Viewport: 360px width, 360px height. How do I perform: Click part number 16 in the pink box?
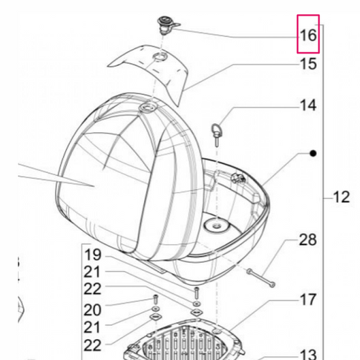pos(308,36)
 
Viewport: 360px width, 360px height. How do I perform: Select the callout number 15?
pos(308,64)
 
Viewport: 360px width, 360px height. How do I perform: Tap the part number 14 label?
pos(308,105)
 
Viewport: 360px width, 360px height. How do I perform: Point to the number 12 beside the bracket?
pos(341,197)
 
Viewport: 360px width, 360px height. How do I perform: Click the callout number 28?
pos(308,240)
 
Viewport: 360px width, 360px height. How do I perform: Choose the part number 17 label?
pos(308,300)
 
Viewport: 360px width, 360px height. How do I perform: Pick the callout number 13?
pos(308,354)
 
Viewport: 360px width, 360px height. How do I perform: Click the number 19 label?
pos(93,255)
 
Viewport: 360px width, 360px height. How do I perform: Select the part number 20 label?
pos(93,310)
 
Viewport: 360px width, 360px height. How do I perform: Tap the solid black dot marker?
pos(313,154)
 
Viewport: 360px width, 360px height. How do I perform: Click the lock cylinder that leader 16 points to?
pos(166,25)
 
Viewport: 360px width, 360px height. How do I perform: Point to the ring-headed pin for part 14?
pos(216,134)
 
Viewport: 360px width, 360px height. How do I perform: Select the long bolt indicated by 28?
pos(261,278)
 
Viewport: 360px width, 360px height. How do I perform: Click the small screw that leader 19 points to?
pos(197,292)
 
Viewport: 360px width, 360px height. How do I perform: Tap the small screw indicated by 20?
pos(156,300)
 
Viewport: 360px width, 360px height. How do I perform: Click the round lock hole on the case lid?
pos(148,108)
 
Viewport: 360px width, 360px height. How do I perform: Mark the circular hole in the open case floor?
pos(217,225)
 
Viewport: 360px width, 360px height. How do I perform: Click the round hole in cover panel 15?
pos(160,56)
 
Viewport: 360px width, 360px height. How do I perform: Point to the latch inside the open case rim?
pos(238,178)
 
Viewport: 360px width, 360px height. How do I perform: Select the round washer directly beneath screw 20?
pos(155,309)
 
